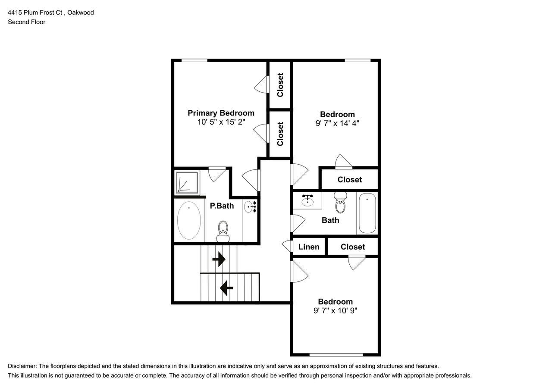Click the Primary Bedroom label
pos(221,113)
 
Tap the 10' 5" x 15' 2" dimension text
pos(221,122)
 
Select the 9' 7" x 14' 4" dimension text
pos(337,123)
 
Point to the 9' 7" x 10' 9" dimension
pos(336,310)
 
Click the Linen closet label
pos(309,246)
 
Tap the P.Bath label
pos(222,206)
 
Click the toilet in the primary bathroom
pos(223,231)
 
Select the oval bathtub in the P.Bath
pos(189,220)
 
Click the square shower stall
pos(187,182)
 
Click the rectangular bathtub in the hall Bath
pos(367,213)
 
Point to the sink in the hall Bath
pos(307,200)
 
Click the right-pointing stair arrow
pos(219,259)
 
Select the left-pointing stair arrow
pos(226,288)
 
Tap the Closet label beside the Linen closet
pos(353,246)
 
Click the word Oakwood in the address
pos(81,12)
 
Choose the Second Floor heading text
pos(27,22)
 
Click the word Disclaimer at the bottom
pos(22,366)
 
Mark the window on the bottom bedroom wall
pos(336,355)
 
